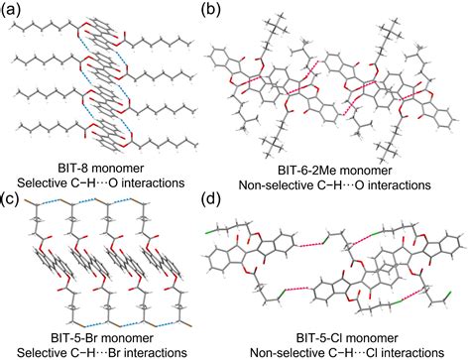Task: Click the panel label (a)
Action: tap(14, 11)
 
